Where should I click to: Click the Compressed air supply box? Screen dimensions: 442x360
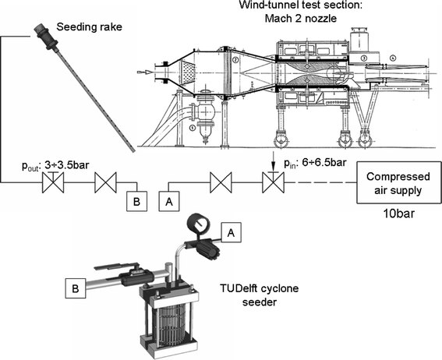[x=399, y=182]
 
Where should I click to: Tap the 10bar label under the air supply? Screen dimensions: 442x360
[x=399, y=214]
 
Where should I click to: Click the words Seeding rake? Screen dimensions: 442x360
[x=90, y=27]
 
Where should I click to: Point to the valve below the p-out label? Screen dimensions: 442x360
[x=53, y=182]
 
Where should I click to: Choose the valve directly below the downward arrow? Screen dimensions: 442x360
[x=273, y=182]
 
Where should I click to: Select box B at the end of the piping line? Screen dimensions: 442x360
[x=136, y=201]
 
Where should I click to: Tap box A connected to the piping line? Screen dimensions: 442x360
[x=169, y=201]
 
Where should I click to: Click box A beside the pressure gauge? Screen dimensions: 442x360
[x=232, y=232]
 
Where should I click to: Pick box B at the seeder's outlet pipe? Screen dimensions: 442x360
[x=76, y=288]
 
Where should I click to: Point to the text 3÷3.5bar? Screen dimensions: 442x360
[x=67, y=164]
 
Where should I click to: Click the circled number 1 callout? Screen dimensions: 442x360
[x=193, y=128]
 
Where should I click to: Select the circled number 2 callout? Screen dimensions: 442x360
[x=235, y=60]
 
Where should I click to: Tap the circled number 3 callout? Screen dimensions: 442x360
[x=364, y=58]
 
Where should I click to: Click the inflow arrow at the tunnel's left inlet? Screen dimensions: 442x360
[x=143, y=72]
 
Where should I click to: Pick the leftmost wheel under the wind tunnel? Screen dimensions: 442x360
[x=281, y=139]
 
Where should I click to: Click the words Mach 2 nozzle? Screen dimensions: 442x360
[x=301, y=18]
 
